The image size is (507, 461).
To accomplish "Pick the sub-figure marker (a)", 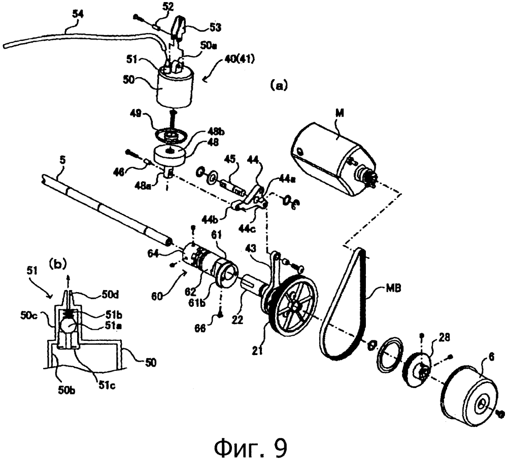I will click(279, 86).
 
